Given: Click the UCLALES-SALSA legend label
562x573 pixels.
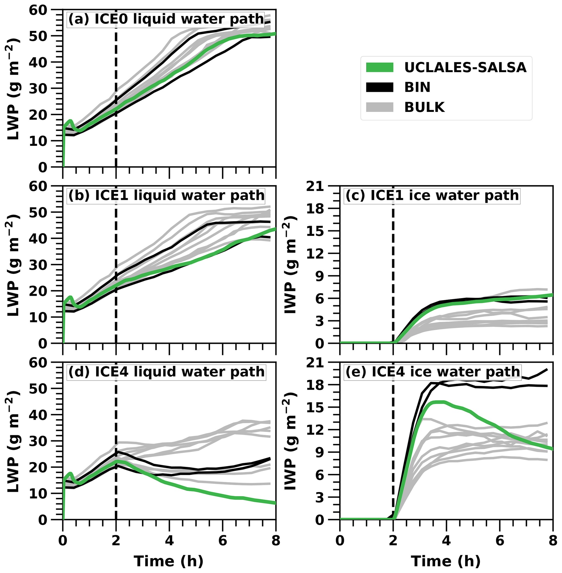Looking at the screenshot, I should pos(465,68).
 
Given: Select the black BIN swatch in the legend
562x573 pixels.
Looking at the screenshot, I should pos(380,87).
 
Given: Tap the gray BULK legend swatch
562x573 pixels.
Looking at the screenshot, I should pos(380,107).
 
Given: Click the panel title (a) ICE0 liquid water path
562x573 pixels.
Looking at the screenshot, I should pos(166,19).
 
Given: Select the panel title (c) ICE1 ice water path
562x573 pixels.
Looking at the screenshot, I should pos(432,196).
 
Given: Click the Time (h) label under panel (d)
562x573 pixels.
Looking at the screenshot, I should pos(169,561).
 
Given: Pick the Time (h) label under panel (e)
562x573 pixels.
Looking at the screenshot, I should pos(446,561).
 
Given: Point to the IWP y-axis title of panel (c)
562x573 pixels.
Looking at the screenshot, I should pos(290,265).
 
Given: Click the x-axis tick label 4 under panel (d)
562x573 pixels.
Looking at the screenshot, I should pos(169,541).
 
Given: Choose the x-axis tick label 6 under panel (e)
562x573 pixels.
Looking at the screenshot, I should pos(500,541).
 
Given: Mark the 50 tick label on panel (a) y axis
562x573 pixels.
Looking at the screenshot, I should pos(38,36).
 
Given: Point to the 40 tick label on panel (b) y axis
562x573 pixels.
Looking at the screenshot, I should pos(38,239).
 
